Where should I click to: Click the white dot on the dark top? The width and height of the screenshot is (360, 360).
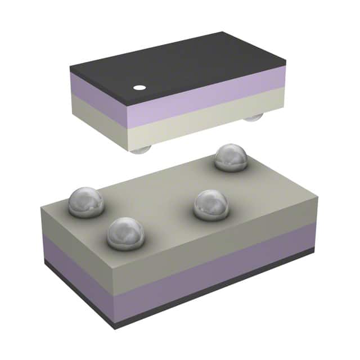point(138,88)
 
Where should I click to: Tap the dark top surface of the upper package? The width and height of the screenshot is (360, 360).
point(180,65)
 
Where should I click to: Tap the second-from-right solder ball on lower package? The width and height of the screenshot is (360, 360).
point(211,205)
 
